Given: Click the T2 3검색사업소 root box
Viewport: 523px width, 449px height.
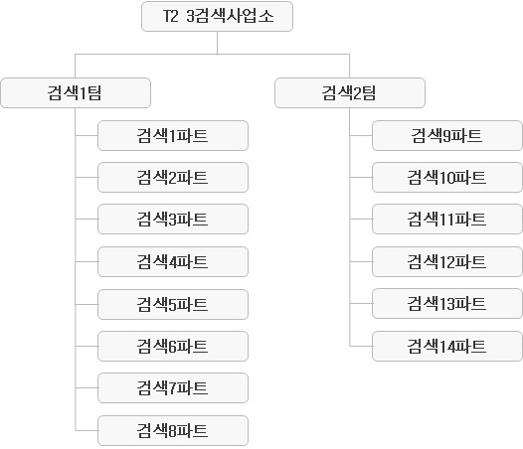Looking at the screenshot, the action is [x=217, y=16].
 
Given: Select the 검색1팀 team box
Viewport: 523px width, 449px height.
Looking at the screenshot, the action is [x=76, y=92].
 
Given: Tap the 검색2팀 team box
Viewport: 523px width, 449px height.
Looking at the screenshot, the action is [x=350, y=92].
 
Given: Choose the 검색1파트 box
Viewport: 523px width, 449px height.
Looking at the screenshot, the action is [x=173, y=136].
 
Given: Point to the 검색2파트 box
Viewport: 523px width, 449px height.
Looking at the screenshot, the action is [x=173, y=178].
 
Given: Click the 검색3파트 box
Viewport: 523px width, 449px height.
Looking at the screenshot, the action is [x=173, y=219].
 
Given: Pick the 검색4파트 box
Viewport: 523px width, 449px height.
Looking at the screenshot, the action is [x=173, y=261].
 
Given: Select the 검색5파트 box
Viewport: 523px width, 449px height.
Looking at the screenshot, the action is [x=173, y=304].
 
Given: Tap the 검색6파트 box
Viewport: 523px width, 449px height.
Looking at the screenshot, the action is [x=173, y=346].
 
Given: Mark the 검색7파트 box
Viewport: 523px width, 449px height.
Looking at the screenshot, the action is [x=173, y=387].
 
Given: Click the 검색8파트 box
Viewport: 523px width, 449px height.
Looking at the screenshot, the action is [x=173, y=430].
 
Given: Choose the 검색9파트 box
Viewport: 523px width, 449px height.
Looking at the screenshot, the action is [x=447, y=136].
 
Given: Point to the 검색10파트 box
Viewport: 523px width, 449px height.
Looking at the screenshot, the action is [x=447, y=178].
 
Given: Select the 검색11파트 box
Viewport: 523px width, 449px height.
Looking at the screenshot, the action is [x=447, y=219].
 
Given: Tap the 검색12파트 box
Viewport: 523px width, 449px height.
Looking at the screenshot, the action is [x=447, y=261].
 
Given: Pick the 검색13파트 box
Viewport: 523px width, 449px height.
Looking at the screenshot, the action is [x=447, y=303].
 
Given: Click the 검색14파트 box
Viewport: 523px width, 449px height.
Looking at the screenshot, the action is [x=447, y=346].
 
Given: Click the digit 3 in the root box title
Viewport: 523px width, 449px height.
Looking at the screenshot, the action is [x=191, y=16].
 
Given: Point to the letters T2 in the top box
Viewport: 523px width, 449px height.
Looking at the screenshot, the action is [x=171, y=16].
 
